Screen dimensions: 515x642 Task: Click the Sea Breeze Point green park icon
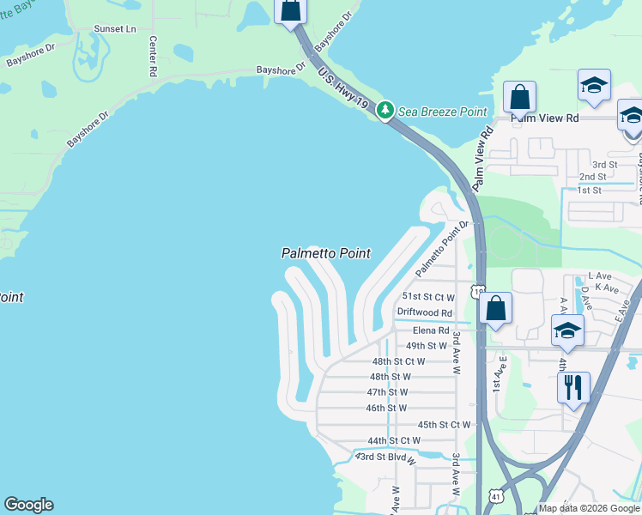[385, 111]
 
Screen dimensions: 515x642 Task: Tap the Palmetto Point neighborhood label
[326, 253]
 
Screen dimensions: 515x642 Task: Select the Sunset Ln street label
[115, 29]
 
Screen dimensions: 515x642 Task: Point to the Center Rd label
[153, 57]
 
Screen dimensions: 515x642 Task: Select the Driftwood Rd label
[424, 313]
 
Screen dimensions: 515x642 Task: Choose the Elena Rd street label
[431, 330]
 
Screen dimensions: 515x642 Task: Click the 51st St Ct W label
[428, 297]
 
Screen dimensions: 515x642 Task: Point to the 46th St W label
[386, 408]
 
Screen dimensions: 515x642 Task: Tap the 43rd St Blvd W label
[385, 457]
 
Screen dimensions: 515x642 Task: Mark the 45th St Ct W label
[444, 425]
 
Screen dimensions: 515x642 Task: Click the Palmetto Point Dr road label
[443, 248]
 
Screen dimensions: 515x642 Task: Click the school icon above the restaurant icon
[567, 330]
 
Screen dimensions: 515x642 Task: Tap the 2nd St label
[591, 177]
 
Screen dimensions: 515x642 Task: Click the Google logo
[28, 505]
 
